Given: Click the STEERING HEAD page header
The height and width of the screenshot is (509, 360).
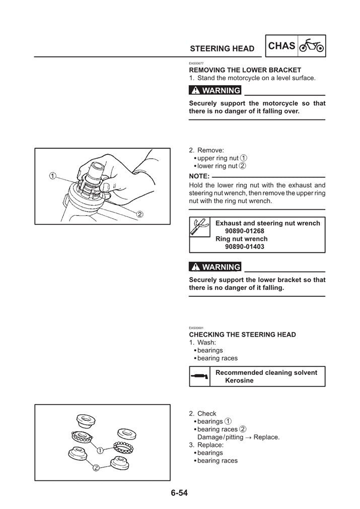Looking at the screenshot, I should click(222, 49).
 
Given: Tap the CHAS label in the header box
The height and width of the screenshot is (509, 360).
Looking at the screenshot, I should click(282, 46).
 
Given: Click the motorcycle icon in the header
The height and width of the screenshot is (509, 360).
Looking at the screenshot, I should click(312, 47).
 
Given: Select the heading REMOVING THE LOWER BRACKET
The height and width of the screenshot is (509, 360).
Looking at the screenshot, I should click(245, 70).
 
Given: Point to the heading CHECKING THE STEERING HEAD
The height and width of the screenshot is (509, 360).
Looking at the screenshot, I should click(242, 335).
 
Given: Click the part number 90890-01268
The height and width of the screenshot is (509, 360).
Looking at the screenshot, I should click(245, 231).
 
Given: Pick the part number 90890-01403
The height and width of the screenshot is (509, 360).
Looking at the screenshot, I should click(245, 247).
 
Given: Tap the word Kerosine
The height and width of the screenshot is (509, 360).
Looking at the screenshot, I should click(239, 380).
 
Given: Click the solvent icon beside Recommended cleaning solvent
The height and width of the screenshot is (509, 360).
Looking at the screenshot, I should click(198, 376).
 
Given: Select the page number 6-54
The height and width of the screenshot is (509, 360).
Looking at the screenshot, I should click(179, 493).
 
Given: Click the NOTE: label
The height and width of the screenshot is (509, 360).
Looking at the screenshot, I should click(199, 176).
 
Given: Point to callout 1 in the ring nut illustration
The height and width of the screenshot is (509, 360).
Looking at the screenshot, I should click(52, 176).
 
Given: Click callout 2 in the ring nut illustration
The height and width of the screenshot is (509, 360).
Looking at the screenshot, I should click(140, 214).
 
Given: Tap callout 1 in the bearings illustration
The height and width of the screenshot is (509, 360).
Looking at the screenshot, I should click(101, 450).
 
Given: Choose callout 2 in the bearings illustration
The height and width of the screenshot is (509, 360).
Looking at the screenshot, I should click(96, 468).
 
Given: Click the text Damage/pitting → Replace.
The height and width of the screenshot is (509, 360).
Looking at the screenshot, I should click(238, 437).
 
